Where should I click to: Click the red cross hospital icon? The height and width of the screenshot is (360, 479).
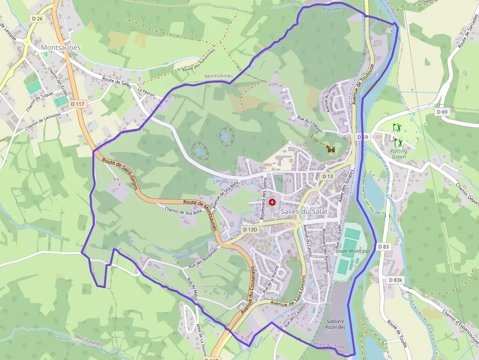tap(272, 202)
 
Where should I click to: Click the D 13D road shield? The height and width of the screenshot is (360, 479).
tap(250, 229)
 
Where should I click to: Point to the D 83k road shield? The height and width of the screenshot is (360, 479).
tap(396, 280)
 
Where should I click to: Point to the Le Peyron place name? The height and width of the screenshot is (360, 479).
tap(146, 91)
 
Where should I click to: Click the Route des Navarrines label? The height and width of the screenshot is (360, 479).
tap(198, 62)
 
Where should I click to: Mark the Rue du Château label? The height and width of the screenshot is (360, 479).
tap(310, 125)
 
